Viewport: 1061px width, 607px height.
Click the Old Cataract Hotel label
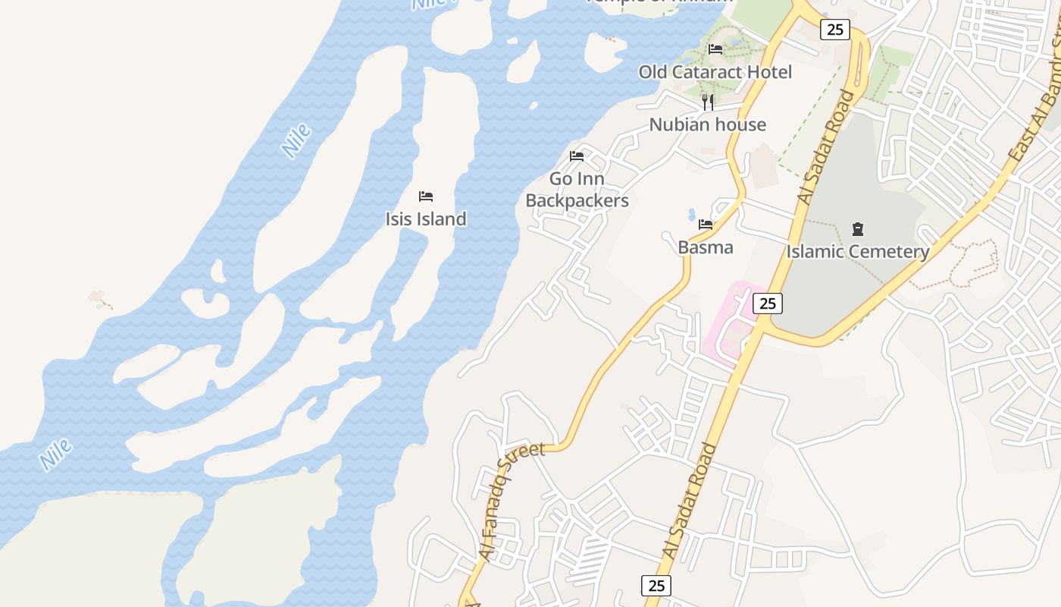[x=715, y=72]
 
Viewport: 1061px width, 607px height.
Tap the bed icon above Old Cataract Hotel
[x=715, y=49]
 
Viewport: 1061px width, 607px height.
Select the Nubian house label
[x=707, y=124]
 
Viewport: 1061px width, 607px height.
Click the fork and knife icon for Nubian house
[x=708, y=102]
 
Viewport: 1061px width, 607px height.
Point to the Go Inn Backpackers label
[x=577, y=190]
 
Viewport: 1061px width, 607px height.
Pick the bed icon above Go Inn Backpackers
[x=577, y=156]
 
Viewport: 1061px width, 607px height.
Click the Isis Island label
[x=426, y=219]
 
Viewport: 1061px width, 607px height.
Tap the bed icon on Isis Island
[x=426, y=197]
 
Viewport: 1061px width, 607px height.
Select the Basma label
[x=706, y=247]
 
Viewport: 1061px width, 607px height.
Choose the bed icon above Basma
[x=706, y=225]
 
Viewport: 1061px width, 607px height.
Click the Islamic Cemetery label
[x=858, y=252]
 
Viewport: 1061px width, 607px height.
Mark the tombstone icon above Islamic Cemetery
[x=858, y=228]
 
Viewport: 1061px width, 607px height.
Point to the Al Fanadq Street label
[x=513, y=501]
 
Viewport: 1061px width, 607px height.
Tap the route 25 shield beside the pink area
[x=768, y=303]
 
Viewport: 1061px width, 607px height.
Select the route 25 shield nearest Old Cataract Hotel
[x=834, y=30]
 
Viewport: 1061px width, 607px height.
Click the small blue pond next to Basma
[x=691, y=215]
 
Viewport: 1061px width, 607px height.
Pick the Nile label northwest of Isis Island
[x=296, y=140]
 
